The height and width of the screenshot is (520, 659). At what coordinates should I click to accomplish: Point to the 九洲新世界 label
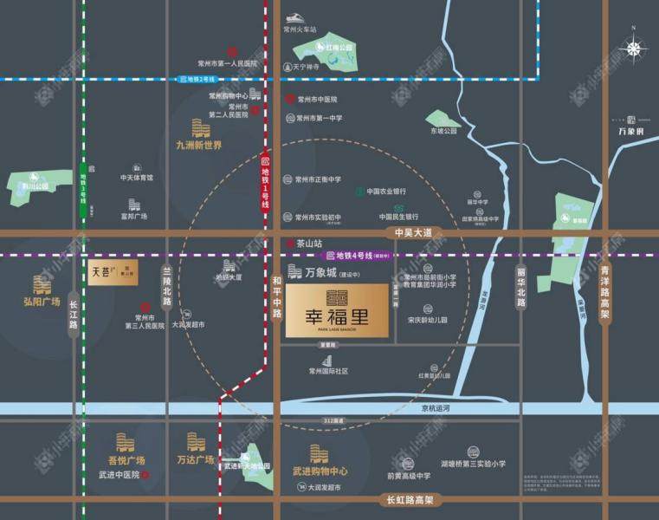(199, 146)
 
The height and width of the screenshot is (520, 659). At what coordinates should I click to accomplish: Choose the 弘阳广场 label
(42, 302)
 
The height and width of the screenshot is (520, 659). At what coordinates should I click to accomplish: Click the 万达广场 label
(195, 460)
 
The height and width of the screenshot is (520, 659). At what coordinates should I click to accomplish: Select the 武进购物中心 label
(320, 471)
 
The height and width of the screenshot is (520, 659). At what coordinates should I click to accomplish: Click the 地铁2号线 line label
(202, 79)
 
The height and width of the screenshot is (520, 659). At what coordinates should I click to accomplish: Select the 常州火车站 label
(300, 29)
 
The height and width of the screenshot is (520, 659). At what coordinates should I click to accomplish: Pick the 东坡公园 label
(443, 131)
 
